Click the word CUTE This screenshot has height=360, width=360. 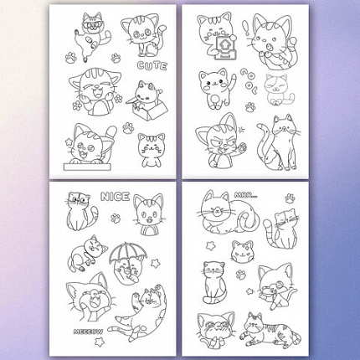point(152,66)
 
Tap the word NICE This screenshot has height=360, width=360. point(115,197)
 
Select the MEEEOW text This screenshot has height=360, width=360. point(88,332)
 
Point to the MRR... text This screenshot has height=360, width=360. point(245,195)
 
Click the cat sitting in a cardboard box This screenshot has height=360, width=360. point(147,100)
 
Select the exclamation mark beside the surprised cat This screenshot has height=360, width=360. point(247,28)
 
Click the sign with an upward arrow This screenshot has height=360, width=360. point(224,47)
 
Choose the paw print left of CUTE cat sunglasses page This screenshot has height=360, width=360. point(71,58)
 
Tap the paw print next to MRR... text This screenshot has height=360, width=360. point(290,198)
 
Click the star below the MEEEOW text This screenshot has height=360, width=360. point(99,341)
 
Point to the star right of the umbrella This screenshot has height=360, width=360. point(155,263)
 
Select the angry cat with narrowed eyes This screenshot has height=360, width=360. point(219,141)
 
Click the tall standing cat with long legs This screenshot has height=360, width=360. point(279,143)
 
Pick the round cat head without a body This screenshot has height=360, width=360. point(243,251)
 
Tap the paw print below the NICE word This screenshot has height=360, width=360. point(116,219)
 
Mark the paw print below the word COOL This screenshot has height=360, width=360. point(250,107)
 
